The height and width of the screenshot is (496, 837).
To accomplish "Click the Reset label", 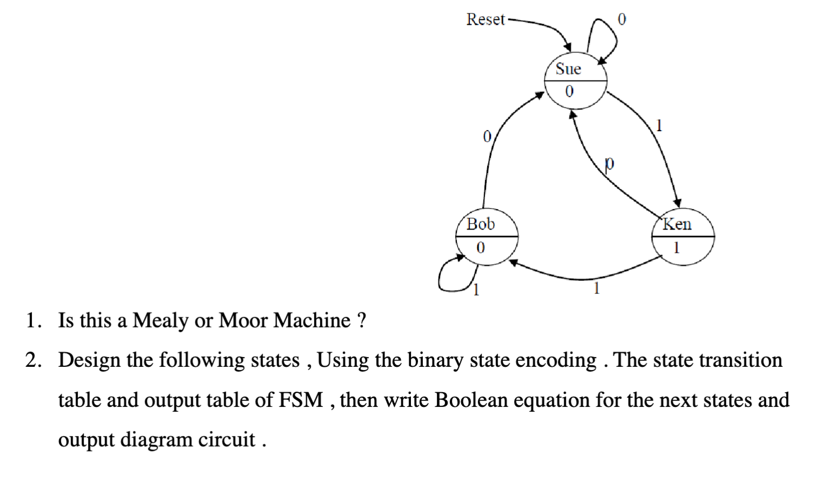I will [485, 19].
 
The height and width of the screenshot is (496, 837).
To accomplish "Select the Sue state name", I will [568, 69].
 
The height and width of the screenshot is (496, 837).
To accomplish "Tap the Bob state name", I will [480, 224].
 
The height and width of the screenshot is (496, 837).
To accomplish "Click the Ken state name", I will [677, 224].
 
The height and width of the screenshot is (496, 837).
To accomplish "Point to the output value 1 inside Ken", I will [676, 248].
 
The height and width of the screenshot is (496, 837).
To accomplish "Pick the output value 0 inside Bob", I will [481, 248].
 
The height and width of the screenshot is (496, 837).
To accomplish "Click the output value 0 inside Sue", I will [569, 92].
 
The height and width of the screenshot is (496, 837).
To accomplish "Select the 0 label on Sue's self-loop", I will [622, 19].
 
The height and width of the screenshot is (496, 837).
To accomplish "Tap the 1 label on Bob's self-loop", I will [476, 291].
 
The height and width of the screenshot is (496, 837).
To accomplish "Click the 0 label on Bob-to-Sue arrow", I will [487, 136].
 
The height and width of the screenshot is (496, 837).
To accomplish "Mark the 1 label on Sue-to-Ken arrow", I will [658, 126].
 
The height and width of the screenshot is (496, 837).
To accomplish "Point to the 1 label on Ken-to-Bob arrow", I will [596, 289].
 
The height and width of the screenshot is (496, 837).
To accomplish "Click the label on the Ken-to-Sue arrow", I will [609, 163].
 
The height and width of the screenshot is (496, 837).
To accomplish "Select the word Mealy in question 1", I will [160, 321].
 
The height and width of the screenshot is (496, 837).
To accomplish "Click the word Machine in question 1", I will [312, 320].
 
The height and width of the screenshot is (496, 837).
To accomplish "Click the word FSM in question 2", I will [300, 400].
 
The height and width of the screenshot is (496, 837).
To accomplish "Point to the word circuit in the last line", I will [226, 440].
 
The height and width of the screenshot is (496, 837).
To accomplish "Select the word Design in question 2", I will [89, 360].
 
